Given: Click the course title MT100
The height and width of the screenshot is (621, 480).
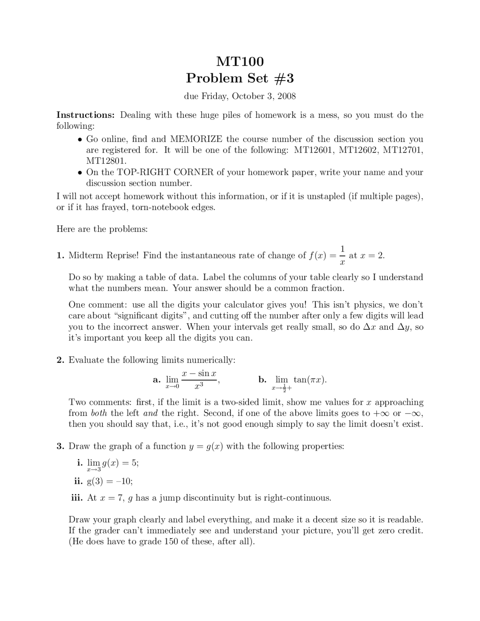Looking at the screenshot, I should pos(240,61).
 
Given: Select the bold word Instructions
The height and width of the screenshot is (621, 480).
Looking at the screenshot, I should pos(85,115).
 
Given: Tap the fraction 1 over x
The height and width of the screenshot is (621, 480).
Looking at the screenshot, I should pos(342,255).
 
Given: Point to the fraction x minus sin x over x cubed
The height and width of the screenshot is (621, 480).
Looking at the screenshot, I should pos(199,379).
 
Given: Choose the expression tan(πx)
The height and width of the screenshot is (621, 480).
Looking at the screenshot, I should pos(310,379).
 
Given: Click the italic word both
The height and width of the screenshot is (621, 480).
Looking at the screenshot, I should pos(99,413).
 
